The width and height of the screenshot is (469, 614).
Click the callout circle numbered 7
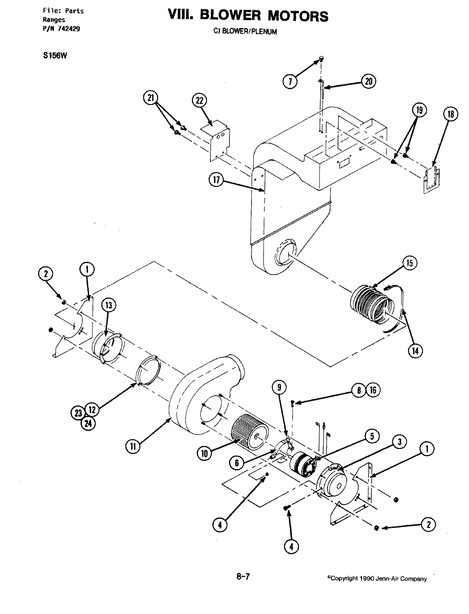point(290,81)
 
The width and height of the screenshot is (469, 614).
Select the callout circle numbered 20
point(368,81)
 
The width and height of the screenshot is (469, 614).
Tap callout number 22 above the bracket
point(199,101)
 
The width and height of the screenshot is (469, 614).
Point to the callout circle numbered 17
point(216,181)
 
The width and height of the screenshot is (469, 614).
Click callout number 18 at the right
point(451,114)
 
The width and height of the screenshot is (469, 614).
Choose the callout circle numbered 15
point(409,264)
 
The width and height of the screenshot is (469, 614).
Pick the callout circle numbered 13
point(109,305)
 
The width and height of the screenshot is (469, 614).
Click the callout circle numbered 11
point(133,446)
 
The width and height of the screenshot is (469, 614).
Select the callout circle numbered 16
point(373,390)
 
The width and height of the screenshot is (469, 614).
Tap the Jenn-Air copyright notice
point(376,579)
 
